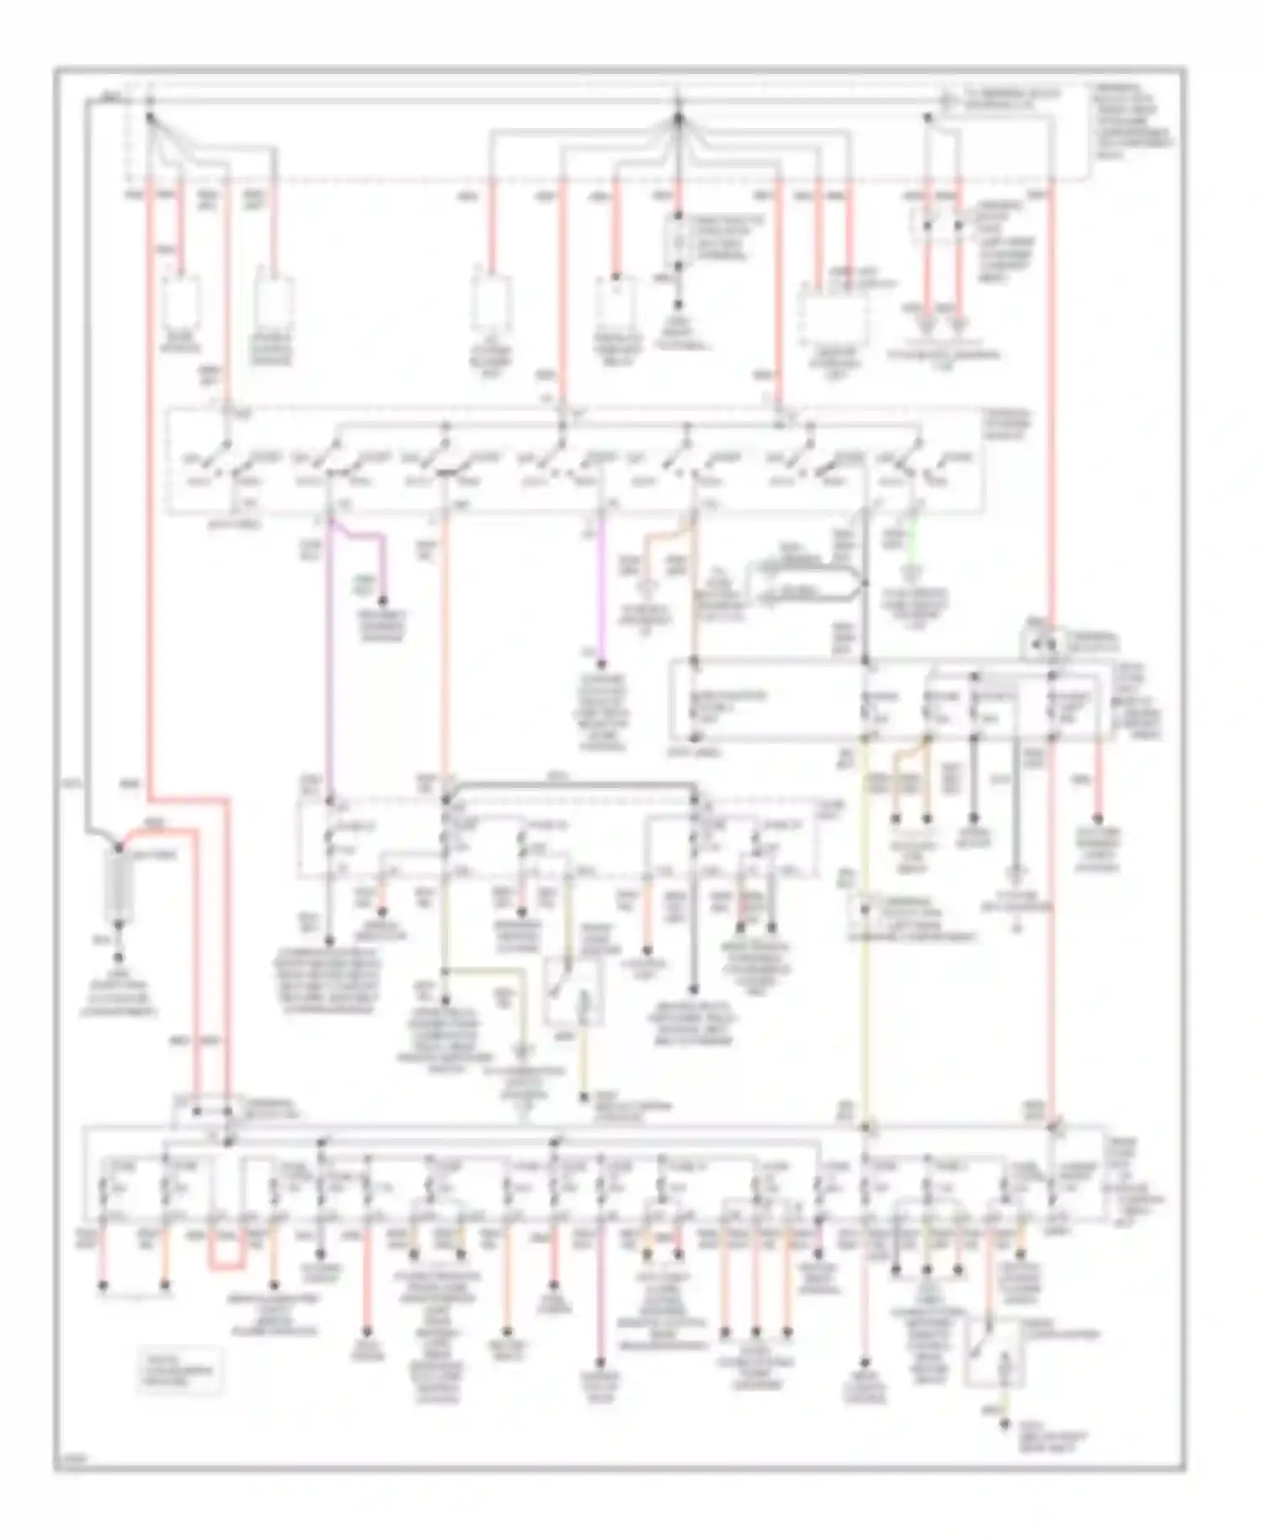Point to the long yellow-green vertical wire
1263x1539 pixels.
[866, 926]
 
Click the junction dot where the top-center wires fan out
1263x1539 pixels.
[679, 116]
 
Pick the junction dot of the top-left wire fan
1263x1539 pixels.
[151, 117]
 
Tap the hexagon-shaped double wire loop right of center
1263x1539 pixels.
[813, 581]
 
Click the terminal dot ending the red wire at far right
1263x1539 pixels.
[1097, 818]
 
